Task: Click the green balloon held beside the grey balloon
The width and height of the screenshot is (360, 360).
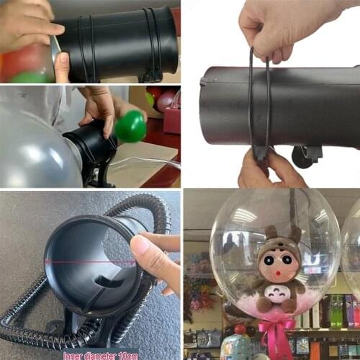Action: [x=130, y=127]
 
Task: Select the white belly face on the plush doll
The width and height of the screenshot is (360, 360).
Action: [x=274, y=292]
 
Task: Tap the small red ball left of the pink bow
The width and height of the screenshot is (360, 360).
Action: [x=239, y=330]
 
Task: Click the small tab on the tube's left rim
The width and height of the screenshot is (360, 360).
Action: [x=202, y=81]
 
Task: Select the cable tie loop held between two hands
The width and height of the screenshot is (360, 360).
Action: [x=259, y=101]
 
